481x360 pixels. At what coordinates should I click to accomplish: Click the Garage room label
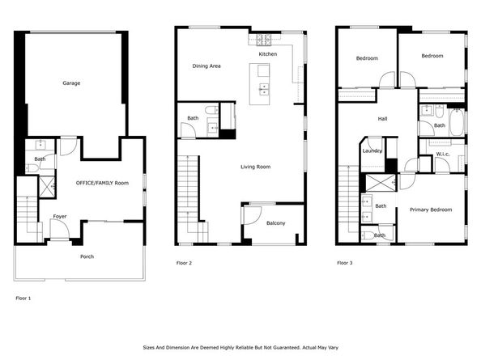tap(71, 83)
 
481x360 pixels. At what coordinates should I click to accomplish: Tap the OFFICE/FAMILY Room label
tap(102, 183)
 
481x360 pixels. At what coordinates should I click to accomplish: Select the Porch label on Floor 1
tap(87, 256)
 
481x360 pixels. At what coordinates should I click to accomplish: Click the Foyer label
tap(60, 216)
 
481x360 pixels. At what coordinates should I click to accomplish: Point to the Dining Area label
tap(206, 66)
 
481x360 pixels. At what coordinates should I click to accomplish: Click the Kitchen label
tap(268, 54)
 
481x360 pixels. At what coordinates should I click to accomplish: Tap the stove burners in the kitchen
tap(264, 40)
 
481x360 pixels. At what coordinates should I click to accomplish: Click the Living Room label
tap(256, 167)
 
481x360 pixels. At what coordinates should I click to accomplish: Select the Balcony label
tap(276, 223)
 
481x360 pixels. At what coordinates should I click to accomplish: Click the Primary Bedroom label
tap(431, 210)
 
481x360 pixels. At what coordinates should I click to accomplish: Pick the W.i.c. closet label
tap(443, 154)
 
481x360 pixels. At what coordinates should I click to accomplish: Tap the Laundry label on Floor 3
tap(372, 150)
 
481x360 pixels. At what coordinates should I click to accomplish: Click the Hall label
tap(382, 119)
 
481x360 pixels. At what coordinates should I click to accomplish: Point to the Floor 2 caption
tap(184, 263)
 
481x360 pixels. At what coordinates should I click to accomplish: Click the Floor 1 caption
tap(23, 298)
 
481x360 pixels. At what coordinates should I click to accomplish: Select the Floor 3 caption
tap(345, 263)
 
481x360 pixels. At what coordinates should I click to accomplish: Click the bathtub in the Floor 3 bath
tap(457, 122)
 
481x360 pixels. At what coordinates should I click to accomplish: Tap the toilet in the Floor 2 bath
tap(211, 109)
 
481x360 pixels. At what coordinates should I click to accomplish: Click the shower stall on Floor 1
tap(47, 187)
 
